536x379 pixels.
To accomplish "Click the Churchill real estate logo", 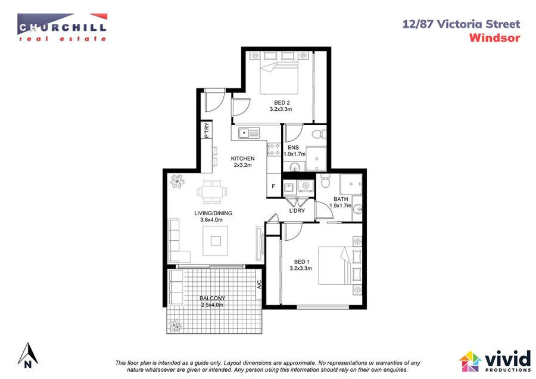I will tap(62, 28).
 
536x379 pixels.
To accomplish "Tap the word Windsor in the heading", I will tap(494, 38).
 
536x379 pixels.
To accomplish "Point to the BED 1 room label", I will tap(302, 262).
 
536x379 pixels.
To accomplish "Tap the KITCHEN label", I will tap(243, 159).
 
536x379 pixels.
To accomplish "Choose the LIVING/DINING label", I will tap(213, 213).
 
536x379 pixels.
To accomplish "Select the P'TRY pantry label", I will tap(207, 131).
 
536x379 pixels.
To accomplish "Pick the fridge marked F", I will tap(273, 185).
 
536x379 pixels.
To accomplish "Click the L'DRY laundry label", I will tap(297, 210).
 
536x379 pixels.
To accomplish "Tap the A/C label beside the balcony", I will tap(260, 285).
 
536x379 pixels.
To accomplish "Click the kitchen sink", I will tap(245, 132).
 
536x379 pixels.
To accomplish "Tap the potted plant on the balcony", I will tap(175, 325).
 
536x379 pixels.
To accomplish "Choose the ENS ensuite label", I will tap(292, 147).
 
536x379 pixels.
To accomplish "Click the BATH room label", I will tap(341, 199).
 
